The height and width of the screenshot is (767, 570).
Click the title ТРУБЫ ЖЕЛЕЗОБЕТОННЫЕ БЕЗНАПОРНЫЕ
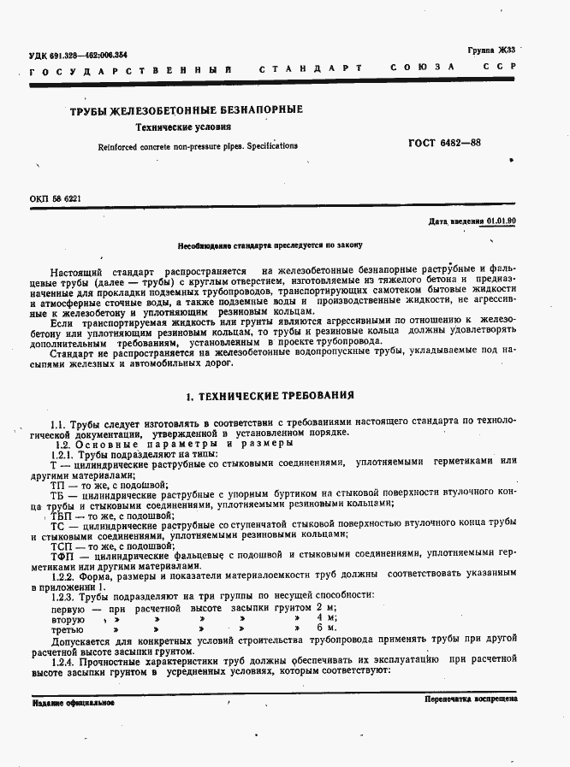186,110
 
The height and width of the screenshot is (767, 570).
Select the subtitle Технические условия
184,127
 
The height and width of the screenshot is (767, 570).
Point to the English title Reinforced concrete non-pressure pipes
198,146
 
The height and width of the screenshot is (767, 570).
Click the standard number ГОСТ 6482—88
445,143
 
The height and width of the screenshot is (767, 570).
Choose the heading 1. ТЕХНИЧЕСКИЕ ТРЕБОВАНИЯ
270,396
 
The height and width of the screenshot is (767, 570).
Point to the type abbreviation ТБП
62,516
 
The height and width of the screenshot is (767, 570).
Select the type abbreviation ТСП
62,545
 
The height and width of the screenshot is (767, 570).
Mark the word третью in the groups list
68,628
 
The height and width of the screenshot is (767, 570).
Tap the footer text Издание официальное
74,703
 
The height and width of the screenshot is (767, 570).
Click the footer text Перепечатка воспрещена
470,699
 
